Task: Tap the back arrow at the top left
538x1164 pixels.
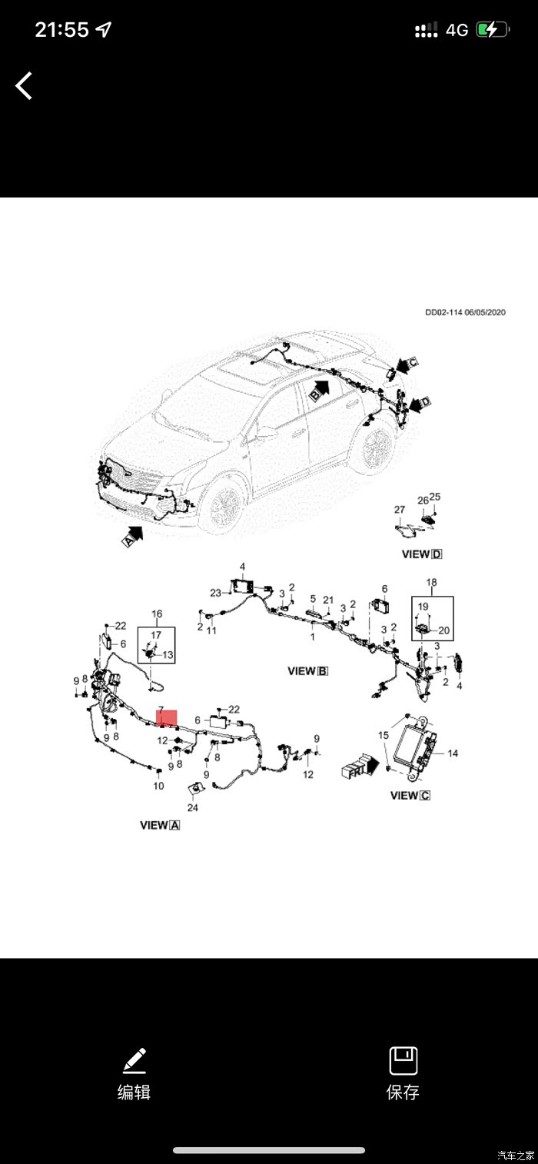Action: [25, 85]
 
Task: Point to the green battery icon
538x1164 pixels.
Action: [492, 30]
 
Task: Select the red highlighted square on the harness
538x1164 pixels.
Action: [167, 718]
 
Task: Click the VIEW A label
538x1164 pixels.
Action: [160, 825]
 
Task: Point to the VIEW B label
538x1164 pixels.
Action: [308, 670]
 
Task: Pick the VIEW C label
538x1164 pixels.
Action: [410, 795]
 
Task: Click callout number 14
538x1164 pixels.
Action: [453, 753]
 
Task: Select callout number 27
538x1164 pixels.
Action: [399, 510]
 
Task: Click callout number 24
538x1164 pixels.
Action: [192, 808]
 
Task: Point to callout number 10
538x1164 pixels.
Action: [158, 786]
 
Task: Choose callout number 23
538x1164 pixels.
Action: [215, 592]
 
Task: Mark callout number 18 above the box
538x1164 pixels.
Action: [431, 583]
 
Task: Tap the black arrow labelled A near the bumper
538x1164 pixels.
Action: [133, 534]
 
